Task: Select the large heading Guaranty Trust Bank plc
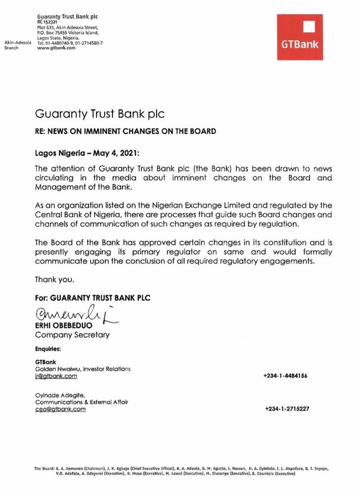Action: click(100, 114)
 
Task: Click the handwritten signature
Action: click(75, 318)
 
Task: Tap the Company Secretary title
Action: click(72, 335)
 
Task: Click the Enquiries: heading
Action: click(48, 348)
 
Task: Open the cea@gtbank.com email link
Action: click(60, 409)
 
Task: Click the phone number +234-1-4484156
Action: click(285, 376)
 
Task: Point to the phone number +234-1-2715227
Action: click(287, 409)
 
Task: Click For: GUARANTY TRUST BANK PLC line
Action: click(93, 298)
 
